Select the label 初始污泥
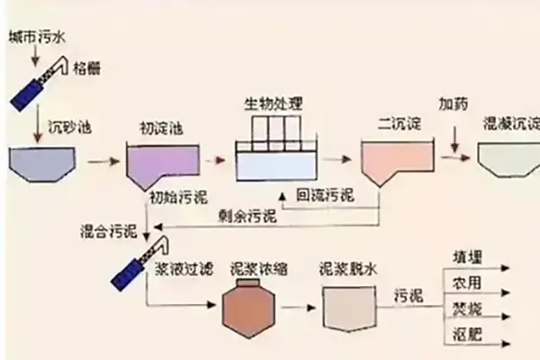[x=172, y=195]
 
